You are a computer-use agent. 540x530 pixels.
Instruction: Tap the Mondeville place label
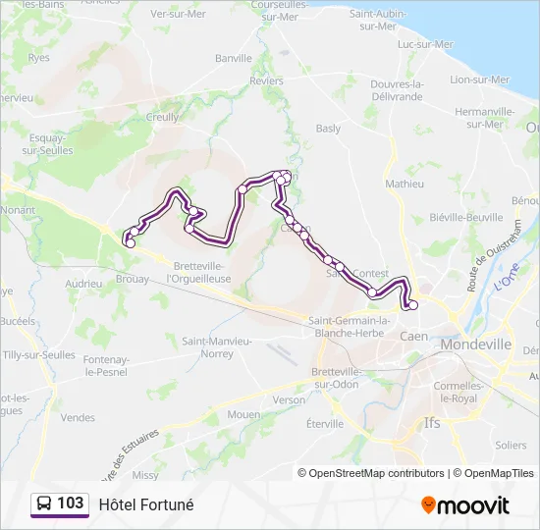point(476,344)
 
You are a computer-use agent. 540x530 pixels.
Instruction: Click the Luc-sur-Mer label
point(425,44)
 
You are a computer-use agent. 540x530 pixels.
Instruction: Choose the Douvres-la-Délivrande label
point(397,89)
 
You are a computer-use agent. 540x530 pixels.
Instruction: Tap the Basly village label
point(328,129)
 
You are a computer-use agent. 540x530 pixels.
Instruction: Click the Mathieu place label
point(405,184)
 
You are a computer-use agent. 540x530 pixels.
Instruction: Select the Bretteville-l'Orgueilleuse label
point(199,272)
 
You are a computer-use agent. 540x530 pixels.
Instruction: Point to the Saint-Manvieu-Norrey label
point(218,346)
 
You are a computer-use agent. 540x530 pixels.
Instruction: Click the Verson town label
point(289,400)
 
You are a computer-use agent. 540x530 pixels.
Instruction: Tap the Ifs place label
point(432,423)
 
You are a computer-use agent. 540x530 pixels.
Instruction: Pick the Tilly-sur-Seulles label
point(39,354)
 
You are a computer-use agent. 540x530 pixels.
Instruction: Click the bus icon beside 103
point(44,504)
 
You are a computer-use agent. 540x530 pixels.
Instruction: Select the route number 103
point(71,503)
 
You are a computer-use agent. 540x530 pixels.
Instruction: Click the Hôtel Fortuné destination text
point(146,504)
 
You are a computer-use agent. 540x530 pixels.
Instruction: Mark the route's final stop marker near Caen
point(412,305)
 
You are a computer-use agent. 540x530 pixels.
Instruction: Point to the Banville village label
point(234,58)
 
